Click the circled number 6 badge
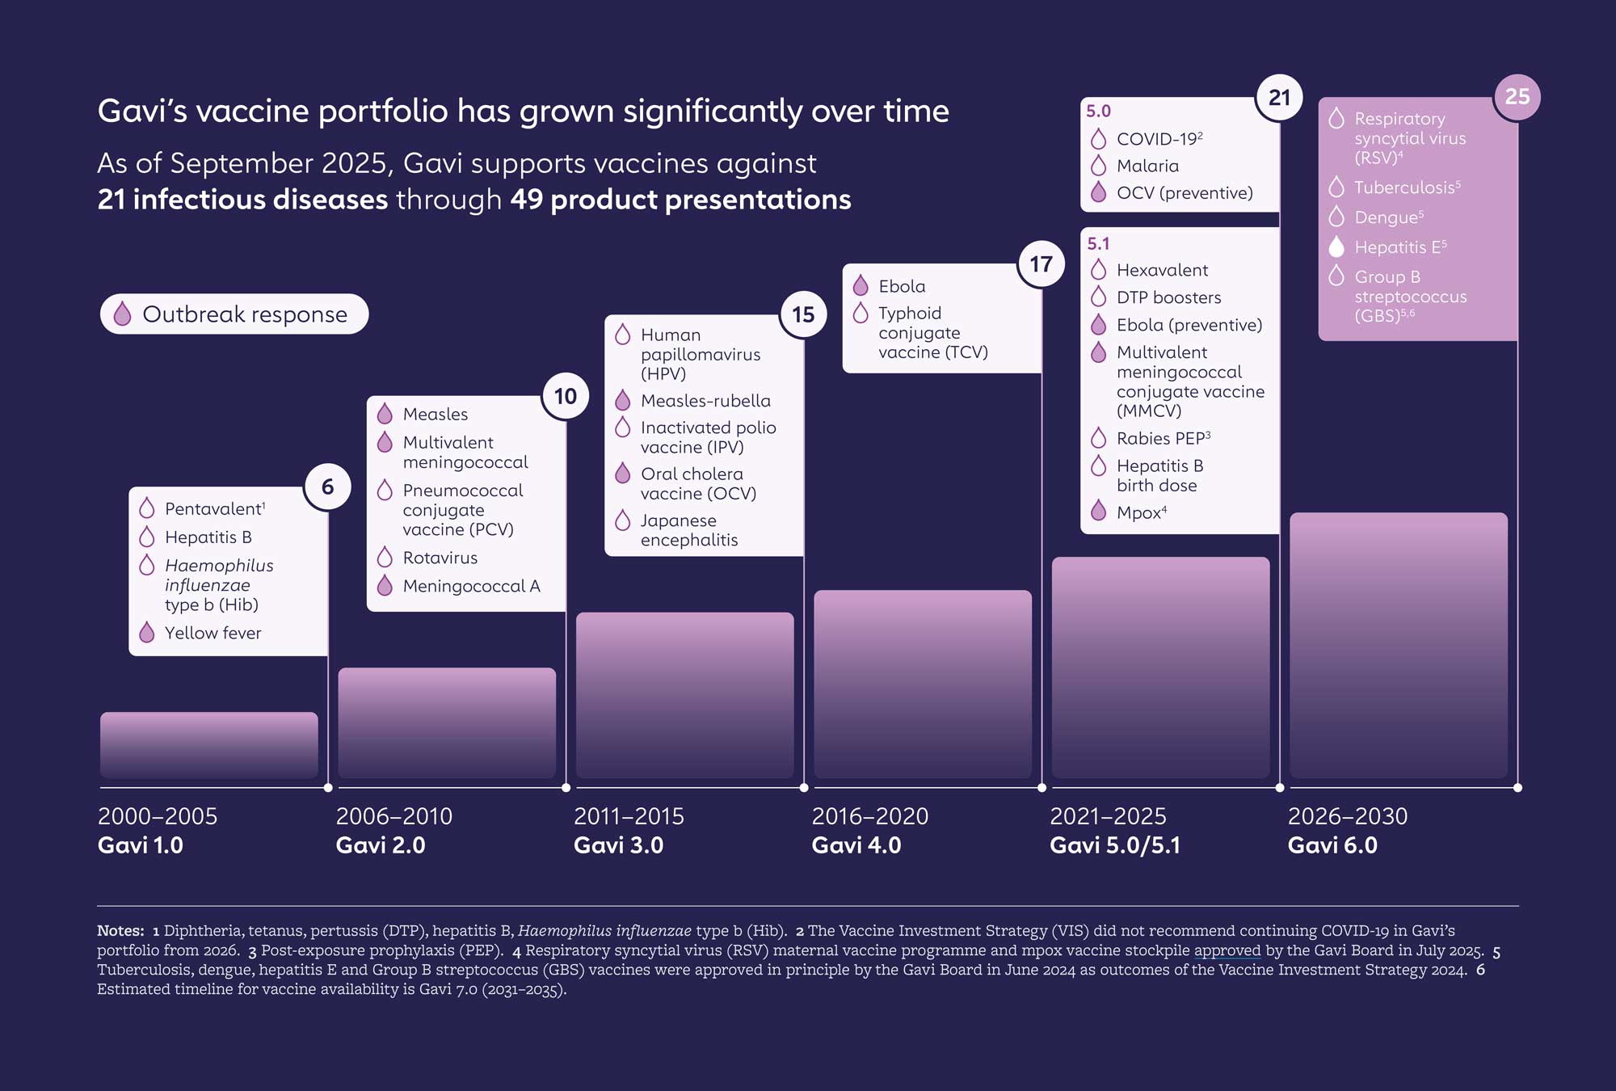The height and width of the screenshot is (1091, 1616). click(x=327, y=487)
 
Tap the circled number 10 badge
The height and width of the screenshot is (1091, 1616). click(x=566, y=396)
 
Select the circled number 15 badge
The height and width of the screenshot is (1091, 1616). click(x=803, y=314)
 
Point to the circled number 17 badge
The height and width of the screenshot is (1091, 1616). click(x=1041, y=264)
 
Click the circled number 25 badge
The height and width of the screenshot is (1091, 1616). click(x=1517, y=97)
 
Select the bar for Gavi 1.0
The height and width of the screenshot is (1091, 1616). click(x=209, y=745)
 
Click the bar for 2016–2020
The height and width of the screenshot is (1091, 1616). click(x=923, y=685)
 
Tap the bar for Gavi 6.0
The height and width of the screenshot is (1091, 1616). click(x=1399, y=646)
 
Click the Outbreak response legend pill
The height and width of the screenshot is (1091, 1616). click(x=234, y=314)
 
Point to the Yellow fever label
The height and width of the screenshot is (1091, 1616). click(x=213, y=633)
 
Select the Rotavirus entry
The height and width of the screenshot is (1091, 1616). click(x=440, y=558)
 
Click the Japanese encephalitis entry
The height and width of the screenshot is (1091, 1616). click(x=689, y=530)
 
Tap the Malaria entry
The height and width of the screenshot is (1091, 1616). click(x=1147, y=166)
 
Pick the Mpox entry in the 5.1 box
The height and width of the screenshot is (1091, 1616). click(x=1142, y=512)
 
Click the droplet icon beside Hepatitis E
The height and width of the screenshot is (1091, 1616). click(x=1336, y=246)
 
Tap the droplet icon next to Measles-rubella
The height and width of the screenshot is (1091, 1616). click(x=622, y=400)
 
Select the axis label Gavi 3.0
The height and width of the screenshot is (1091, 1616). click(x=618, y=845)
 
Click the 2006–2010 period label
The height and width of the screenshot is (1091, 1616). click(x=393, y=816)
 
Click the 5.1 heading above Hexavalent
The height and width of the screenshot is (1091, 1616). click(x=1098, y=243)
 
